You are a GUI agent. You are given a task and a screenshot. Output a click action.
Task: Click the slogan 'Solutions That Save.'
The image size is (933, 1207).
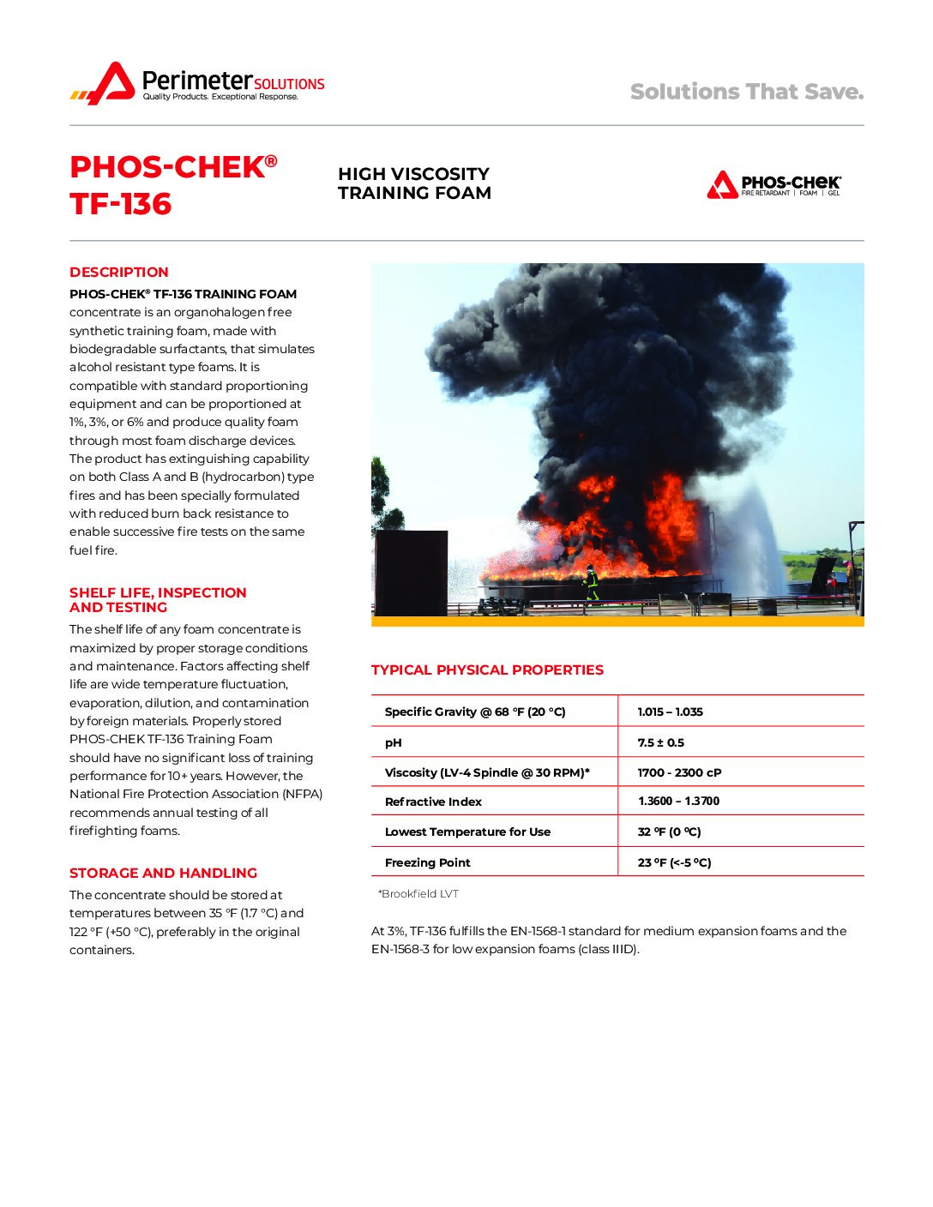[x=746, y=92]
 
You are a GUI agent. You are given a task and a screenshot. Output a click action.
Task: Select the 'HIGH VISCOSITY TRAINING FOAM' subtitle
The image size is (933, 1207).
[x=414, y=183]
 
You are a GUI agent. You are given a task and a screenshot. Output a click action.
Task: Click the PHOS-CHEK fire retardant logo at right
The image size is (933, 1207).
[x=773, y=184]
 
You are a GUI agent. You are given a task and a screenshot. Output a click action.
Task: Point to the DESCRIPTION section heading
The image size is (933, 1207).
[x=119, y=273]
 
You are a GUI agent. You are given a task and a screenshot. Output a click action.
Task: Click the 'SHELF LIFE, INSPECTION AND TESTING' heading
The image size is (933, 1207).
[x=158, y=600]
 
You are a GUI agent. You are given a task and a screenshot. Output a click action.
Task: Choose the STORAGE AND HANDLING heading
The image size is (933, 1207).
[x=163, y=873]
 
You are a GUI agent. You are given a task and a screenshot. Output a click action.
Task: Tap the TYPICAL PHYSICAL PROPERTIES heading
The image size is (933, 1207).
[x=487, y=670]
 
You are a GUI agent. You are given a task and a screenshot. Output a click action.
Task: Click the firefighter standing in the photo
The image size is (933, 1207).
[x=591, y=583]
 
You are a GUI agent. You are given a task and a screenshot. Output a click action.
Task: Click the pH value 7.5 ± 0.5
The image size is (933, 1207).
[x=660, y=742]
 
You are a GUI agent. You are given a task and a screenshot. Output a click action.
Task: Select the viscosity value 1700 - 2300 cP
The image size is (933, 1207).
[x=679, y=772]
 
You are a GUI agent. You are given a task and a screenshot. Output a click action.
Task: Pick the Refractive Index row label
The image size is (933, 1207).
[x=433, y=802]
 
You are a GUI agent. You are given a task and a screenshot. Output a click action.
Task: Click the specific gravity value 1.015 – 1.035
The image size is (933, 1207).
[x=670, y=712]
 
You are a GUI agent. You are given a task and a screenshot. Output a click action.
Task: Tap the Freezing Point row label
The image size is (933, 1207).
[x=427, y=862]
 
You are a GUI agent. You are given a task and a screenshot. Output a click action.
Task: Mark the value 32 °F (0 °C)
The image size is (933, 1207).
[x=669, y=832]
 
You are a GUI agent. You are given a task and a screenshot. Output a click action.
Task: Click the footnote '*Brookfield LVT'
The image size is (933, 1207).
[x=418, y=894]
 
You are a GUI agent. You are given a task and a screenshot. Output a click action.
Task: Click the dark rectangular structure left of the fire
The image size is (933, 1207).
[x=411, y=572]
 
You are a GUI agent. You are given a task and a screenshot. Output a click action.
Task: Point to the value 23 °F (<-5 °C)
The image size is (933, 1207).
[x=674, y=862]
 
